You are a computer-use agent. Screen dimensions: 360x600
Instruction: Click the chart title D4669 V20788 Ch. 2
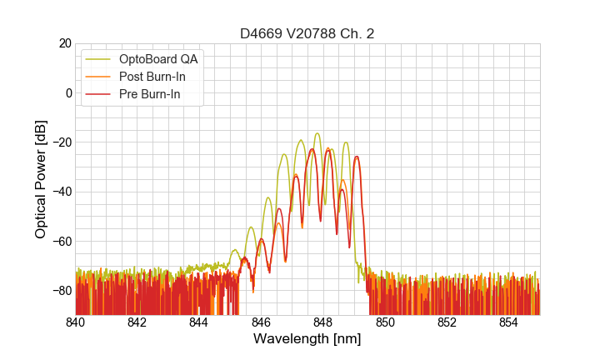point(307,33)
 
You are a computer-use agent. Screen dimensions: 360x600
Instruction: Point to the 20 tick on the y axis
point(64,43)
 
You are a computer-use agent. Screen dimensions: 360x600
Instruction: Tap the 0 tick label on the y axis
point(68,92)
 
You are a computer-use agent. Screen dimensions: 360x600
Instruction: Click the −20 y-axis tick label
point(61,142)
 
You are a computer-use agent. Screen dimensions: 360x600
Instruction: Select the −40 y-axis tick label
point(61,192)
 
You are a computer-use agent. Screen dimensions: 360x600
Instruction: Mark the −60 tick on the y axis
point(61,241)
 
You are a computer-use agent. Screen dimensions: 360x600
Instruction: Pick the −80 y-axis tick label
point(61,291)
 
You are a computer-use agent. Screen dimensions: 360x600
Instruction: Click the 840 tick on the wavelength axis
point(76,322)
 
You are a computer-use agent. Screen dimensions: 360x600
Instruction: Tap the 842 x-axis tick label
point(137,322)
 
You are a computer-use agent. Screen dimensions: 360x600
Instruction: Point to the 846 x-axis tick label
point(261,322)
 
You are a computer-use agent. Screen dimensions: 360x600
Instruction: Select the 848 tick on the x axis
point(322,322)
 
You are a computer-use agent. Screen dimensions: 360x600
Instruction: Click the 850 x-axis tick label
point(385,322)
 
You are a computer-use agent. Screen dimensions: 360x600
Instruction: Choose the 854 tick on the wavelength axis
point(508,322)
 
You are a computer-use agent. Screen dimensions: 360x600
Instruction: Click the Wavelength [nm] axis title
point(307,339)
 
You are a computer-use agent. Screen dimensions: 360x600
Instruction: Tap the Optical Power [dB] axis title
point(41,179)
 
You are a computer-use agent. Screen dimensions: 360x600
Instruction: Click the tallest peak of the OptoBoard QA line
point(317,133)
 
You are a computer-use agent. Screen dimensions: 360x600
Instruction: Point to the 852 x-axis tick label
point(447,322)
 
